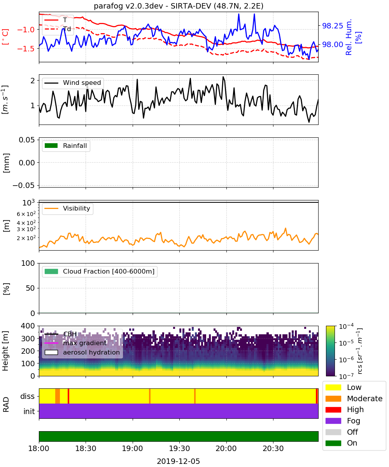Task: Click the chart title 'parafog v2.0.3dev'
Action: coord(128,6)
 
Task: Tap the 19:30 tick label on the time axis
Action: coord(179,448)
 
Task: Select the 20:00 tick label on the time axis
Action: coord(226,448)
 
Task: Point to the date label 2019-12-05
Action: coord(178,461)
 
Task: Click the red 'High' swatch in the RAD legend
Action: coord(333,409)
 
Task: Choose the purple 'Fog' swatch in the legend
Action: coord(333,421)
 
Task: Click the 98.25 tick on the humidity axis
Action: coord(333,26)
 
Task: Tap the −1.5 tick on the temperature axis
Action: coord(26,49)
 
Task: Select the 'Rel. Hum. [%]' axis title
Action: coord(354,37)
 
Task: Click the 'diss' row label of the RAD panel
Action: coord(27,396)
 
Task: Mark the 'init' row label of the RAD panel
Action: coord(29,411)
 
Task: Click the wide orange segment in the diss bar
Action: coord(58,396)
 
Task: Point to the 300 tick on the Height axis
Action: coord(28,339)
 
